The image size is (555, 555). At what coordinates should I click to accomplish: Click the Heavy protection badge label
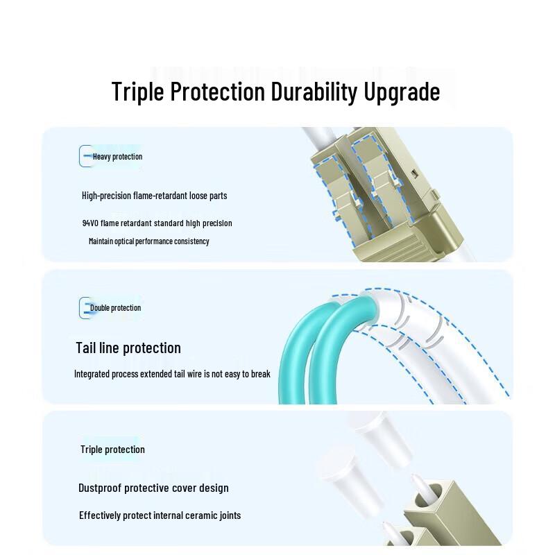[117, 157]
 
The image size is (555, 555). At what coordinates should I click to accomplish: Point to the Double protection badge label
[115, 308]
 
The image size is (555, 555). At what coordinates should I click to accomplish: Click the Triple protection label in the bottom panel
[112, 450]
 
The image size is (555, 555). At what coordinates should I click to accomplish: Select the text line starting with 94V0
[157, 223]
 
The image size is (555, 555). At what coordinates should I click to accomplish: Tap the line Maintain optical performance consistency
[148, 241]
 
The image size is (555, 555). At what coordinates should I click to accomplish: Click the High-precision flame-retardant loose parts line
[154, 196]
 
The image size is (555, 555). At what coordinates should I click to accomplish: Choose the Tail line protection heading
[128, 348]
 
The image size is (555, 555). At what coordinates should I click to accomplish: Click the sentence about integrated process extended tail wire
[172, 374]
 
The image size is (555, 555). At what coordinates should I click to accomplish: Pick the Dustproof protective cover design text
[153, 488]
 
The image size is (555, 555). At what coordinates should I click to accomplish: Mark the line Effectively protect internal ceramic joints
[160, 515]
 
